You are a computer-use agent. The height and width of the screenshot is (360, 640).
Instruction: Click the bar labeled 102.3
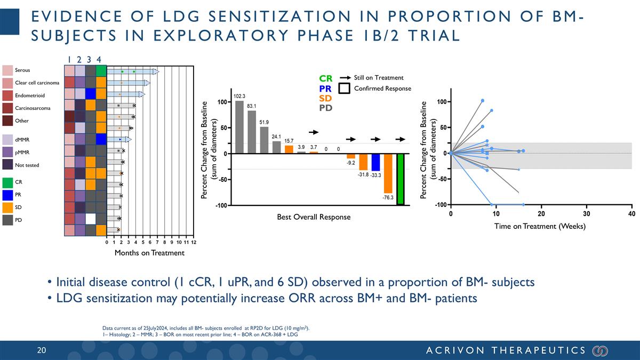click(x=239, y=127)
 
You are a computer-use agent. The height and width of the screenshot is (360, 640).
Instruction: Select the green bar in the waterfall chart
click(x=401, y=179)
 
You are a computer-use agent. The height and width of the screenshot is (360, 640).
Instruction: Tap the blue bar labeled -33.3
click(x=375, y=162)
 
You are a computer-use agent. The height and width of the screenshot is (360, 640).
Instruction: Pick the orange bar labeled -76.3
click(x=388, y=173)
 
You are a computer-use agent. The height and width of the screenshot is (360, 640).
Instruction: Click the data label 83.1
click(x=252, y=106)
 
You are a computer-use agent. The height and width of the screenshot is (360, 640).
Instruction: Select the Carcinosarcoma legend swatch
click(x=8, y=108)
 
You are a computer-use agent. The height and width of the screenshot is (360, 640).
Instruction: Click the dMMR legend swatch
click(x=8, y=140)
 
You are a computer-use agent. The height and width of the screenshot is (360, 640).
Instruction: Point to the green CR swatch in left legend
click(x=8, y=182)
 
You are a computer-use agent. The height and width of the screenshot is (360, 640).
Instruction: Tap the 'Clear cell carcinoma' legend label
click(x=37, y=83)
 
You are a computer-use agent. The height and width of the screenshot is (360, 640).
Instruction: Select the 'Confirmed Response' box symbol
click(x=345, y=89)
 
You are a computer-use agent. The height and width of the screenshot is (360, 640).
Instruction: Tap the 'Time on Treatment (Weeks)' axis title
click(x=540, y=226)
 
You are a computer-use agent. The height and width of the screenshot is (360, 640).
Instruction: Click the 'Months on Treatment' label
click(x=149, y=253)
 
